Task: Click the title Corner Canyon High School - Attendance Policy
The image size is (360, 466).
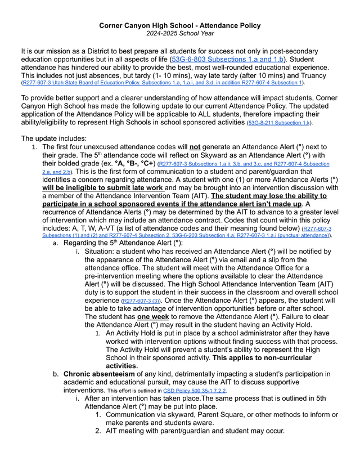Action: (x=179, y=25)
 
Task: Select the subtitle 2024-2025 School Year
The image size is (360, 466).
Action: (x=179, y=34)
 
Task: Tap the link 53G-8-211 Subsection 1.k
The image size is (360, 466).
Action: (x=280, y=122)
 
